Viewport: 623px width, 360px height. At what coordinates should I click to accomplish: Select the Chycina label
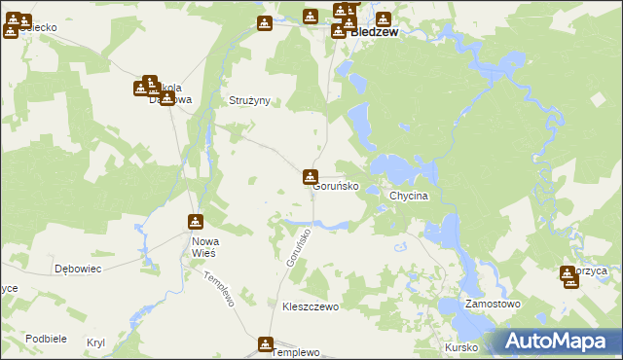[409, 196]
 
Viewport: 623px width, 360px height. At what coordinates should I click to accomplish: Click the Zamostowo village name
[493, 304]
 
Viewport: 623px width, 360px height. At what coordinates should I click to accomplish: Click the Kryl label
[95, 342]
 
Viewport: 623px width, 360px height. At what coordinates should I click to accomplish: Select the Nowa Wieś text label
[204, 246]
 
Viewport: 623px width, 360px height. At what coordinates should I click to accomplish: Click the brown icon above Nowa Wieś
[196, 222]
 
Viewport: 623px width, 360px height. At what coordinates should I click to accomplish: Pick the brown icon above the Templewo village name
[266, 343]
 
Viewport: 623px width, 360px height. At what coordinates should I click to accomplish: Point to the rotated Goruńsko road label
[298, 249]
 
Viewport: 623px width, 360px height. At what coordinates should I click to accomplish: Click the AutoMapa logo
[558, 342]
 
